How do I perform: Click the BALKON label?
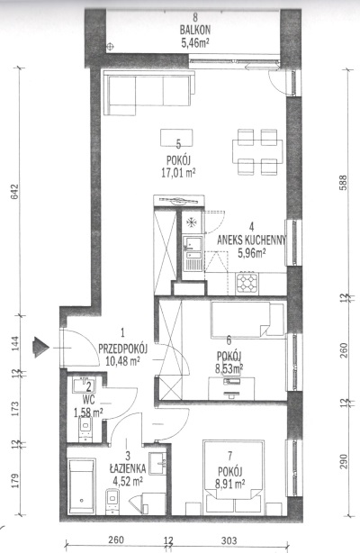point(194,30)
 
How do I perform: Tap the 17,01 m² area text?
point(178,173)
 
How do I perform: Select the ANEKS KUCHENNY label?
point(251,240)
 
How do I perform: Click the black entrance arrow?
point(40,348)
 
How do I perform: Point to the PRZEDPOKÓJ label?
point(122,349)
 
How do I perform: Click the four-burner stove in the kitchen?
point(247,283)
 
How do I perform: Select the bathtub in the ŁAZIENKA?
point(81,486)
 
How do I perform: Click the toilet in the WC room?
point(85,429)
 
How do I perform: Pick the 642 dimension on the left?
point(14,191)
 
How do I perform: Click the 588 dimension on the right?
point(343,183)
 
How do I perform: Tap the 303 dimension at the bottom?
point(229,540)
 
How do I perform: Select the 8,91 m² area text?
point(230,483)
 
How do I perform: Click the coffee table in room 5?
point(176,138)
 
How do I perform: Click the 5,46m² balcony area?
point(195,43)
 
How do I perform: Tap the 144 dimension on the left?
point(14,343)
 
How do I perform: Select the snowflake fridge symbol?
point(192,222)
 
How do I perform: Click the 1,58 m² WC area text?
point(88,412)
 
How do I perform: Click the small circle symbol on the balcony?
point(111,46)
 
